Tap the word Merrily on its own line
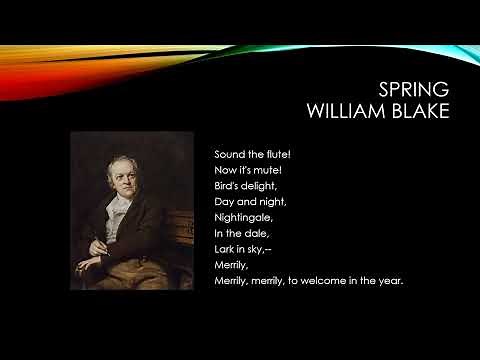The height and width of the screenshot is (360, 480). pyautogui.click(x=230, y=265)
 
